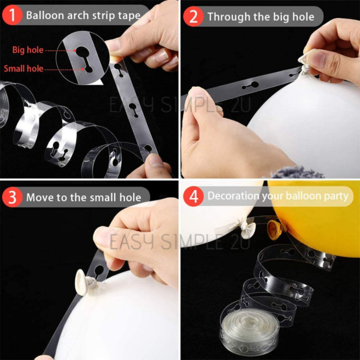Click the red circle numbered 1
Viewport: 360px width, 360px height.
[x=12, y=15]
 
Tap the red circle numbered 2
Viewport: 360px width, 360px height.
[x=193, y=17]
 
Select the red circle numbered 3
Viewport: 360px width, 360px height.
[x=12, y=197]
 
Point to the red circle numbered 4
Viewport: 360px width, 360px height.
[x=193, y=196]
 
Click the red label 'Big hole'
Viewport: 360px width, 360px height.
[x=28, y=50]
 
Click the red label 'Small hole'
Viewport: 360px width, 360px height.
[x=24, y=68]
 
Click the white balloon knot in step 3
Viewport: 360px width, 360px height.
[x=85, y=280]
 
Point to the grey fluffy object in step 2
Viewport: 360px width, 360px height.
[x=296, y=172]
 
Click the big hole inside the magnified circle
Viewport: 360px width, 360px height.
[x=82, y=52]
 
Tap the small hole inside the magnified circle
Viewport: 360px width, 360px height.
[x=89, y=69]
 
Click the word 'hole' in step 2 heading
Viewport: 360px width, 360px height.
[x=303, y=17]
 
